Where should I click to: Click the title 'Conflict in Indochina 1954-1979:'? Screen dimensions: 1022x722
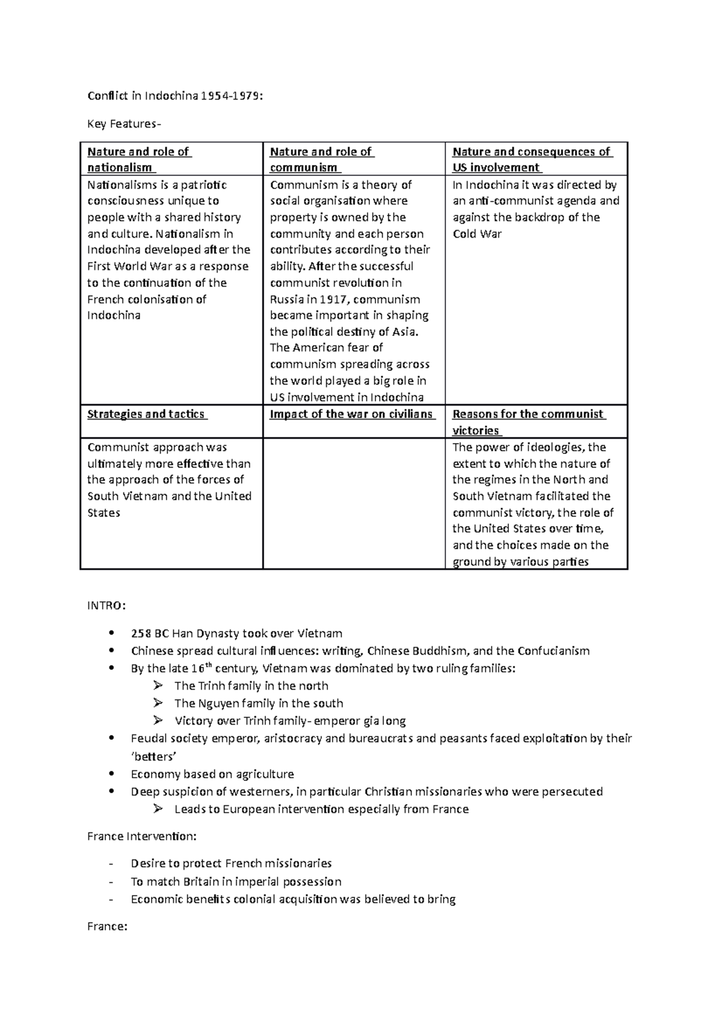point(174,96)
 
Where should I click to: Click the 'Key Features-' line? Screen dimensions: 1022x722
point(124,124)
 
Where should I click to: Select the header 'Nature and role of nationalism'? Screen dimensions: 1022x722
point(139,159)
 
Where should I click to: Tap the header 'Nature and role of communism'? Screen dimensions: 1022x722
point(322,159)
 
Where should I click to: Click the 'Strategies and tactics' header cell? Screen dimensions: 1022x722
point(147,414)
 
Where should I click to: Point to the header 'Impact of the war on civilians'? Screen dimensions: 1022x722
point(352,414)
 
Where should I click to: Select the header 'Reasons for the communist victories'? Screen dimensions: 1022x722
point(528,422)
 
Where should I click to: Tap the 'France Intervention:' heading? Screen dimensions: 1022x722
point(141,836)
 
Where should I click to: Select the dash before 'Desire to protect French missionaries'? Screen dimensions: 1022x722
point(110,864)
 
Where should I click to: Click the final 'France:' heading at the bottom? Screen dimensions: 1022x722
point(107,926)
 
